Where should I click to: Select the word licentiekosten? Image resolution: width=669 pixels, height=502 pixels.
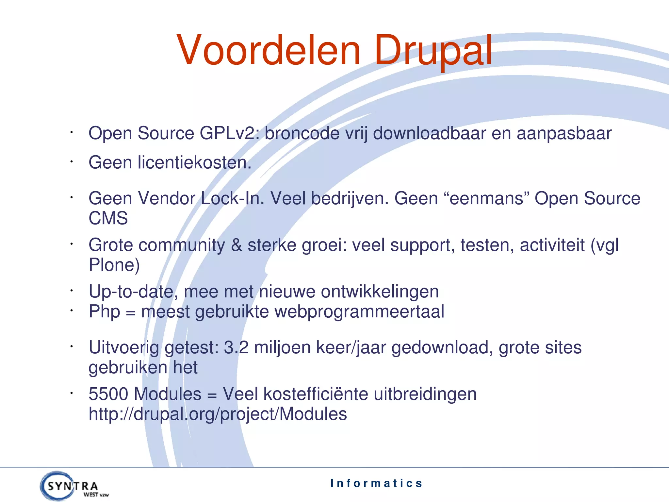(194, 163)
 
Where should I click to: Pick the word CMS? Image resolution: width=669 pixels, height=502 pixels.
(108, 218)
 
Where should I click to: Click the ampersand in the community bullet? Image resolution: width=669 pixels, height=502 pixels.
(236, 245)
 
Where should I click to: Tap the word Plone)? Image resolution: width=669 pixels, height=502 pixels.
(114, 265)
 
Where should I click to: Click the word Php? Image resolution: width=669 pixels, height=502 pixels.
(105, 312)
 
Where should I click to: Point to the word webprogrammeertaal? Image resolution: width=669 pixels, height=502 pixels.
(359, 312)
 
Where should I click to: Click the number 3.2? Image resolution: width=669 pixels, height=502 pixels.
(236, 347)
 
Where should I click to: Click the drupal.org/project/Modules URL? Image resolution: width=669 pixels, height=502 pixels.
(218, 414)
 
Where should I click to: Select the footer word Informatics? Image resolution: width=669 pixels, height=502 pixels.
(376, 483)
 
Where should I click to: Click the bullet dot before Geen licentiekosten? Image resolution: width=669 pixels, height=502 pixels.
(71, 161)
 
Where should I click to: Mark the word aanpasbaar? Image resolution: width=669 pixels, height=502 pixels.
(564, 133)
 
